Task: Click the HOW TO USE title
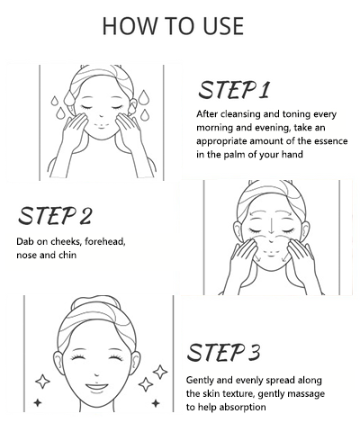[x=173, y=26]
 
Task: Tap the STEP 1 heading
[x=234, y=90]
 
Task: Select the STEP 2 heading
[x=55, y=215]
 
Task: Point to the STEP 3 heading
[x=223, y=352]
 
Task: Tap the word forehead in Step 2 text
[x=105, y=241]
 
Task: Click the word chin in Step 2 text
[x=67, y=255]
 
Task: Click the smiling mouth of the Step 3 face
[x=96, y=387]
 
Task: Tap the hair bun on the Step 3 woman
[x=95, y=302]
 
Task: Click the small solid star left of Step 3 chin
[x=38, y=402]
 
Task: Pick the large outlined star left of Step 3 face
[x=42, y=382]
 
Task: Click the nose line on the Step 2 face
[x=271, y=225]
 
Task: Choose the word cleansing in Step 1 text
[x=240, y=114]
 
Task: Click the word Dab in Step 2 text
[x=23, y=241]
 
